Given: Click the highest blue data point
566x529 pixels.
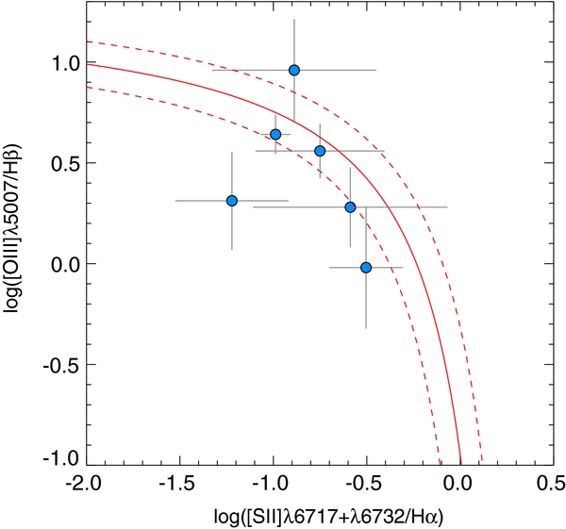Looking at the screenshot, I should point(294,70).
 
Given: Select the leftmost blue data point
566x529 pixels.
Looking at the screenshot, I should point(232,201).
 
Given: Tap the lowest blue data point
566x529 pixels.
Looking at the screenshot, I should point(366,268).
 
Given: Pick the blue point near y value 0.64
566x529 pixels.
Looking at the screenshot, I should point(275,135).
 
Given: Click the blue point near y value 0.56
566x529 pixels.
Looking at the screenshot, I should point(320,151).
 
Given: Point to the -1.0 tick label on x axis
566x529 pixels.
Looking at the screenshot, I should point(272,485).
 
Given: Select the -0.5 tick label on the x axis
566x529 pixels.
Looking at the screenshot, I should point(365,485).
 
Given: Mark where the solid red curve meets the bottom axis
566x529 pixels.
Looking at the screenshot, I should point(460,465).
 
